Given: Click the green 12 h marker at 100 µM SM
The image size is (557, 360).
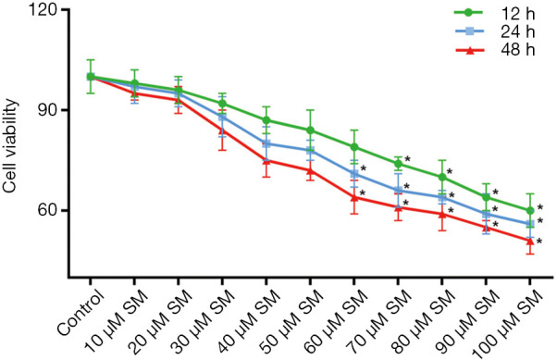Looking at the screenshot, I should coord(530,211).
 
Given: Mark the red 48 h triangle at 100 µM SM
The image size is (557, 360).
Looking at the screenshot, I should coord(530,241).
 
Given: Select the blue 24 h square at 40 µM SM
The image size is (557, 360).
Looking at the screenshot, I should coord(266,143).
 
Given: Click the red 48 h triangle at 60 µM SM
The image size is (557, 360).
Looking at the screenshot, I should coord(354,197).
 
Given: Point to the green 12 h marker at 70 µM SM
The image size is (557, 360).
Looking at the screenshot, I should coord(398,164).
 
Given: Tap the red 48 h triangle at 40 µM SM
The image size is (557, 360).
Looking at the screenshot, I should coord(266,160).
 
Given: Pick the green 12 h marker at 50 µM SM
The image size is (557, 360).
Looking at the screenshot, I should coord(310,130).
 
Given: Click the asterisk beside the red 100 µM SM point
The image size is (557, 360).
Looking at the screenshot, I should coord(539,242).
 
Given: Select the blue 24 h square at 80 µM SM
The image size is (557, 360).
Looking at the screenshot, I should coord(442,197).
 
